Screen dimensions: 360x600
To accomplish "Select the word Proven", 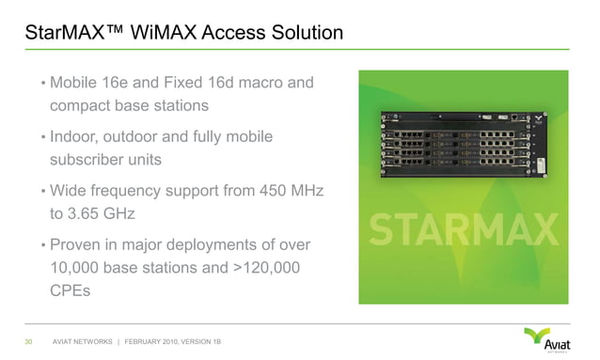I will pyautogui.click(x=79, y=245).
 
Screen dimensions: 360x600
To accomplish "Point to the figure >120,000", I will pyautogui.click(x=264, y=268).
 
